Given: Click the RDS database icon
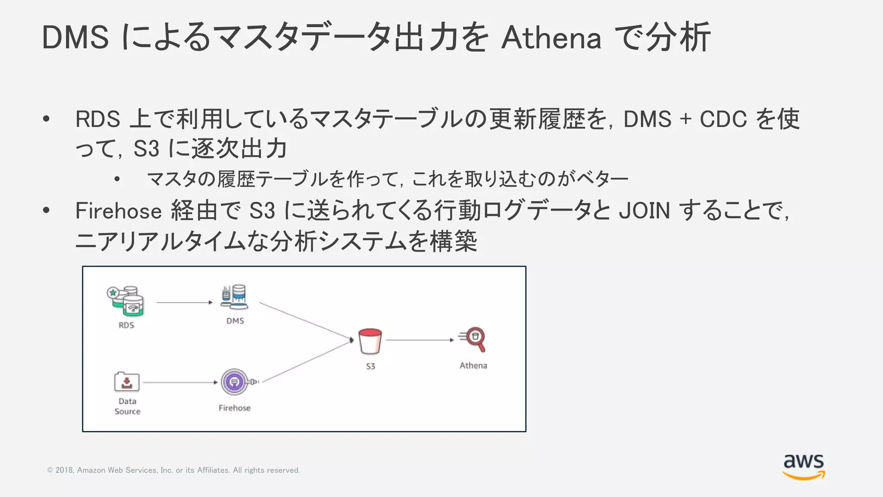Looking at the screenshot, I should point(126,301).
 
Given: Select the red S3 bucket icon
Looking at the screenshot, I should point(370,341).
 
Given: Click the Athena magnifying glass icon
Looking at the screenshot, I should point(473,339).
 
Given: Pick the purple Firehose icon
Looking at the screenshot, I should point(235,382).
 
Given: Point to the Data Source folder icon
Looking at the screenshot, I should point(127,381).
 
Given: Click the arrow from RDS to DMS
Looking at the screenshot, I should point(185,303).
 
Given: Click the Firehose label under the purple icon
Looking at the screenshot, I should point(235,408).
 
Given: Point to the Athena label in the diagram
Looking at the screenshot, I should point(473,365).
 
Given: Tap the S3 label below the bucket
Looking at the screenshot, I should point(370,366).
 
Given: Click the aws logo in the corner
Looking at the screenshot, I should point(804,466).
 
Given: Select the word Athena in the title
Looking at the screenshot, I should point(551,38).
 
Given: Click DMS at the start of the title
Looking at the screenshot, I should point(75,38).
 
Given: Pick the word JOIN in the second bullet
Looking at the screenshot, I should point(644,211).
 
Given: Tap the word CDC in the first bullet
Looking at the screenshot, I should point(723,120).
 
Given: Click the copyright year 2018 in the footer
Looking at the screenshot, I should point(64,470).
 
